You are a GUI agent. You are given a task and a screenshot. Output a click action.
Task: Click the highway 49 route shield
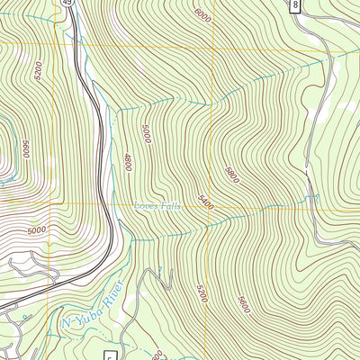tap(68, 4)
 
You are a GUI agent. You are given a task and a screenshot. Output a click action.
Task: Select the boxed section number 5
tap(110, 355)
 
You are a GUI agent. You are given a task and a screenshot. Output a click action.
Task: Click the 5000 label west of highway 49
tap(36, 230)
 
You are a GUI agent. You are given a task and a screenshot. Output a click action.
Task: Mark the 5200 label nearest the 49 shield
tap(38, 70)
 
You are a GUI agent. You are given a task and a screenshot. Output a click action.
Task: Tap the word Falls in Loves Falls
tap(168, 205)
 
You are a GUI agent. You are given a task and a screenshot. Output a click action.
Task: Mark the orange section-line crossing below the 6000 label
tap(212, 45)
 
